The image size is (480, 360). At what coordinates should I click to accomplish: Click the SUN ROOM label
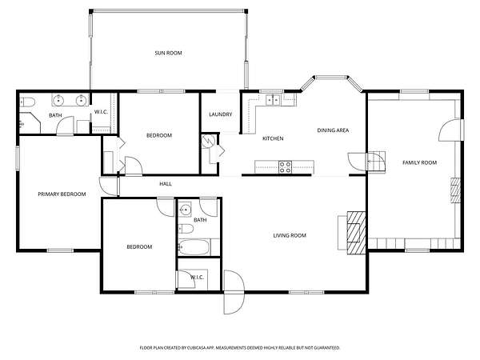click(168, 53)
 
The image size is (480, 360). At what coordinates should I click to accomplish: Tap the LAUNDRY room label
click(221, 114)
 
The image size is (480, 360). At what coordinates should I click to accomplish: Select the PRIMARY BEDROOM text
click(62, 194)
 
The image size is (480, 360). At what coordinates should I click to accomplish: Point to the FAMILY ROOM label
click(419, 162)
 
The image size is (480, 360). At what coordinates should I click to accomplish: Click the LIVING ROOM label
click(290, 235)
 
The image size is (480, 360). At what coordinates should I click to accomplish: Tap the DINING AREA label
click(333, 130)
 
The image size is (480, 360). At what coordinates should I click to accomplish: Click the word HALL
click(166, 184)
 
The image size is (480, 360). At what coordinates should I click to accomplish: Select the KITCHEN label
click(273, 138)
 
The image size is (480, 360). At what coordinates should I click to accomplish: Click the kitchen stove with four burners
click(285, 167)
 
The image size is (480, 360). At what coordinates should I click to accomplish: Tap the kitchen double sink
click(273, 100)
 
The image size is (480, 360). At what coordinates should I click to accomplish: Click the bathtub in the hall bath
click(194, 247)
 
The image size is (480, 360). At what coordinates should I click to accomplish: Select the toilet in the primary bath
click(27, 102)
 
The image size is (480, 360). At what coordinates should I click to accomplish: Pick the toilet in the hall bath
click(186, 229)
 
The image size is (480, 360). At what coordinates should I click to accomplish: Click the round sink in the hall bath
click(185, 210)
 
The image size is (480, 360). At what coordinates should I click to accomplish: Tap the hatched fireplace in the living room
click(356, 233)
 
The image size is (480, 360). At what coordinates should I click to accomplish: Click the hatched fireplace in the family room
click(455, 190)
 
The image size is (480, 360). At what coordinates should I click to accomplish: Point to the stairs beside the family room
click(376, 162)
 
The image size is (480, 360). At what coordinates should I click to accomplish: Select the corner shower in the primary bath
click(30, 123)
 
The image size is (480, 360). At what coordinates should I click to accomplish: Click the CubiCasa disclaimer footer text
click(240, 348)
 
